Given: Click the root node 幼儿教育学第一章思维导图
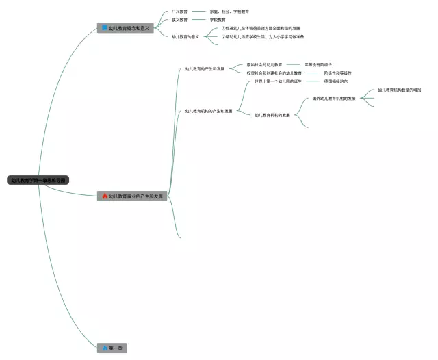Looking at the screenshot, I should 38,181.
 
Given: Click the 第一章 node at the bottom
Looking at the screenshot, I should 112,348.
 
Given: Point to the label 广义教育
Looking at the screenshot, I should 179,12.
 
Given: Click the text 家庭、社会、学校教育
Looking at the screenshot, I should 229,12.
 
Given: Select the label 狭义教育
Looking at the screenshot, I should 179,20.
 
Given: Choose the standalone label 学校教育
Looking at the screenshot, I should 218,20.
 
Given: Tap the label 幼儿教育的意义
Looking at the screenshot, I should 185,36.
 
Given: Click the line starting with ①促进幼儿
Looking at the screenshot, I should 260,28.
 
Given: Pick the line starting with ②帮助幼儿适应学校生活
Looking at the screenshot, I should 262,36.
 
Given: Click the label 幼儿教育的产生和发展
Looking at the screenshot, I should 205,69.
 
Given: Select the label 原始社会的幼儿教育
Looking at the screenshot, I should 265,64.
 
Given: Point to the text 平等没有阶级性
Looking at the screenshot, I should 318,64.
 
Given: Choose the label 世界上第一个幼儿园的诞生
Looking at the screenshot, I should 279,81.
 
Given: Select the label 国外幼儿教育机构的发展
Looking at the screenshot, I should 334,99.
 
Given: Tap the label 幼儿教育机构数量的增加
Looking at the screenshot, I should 400,90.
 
